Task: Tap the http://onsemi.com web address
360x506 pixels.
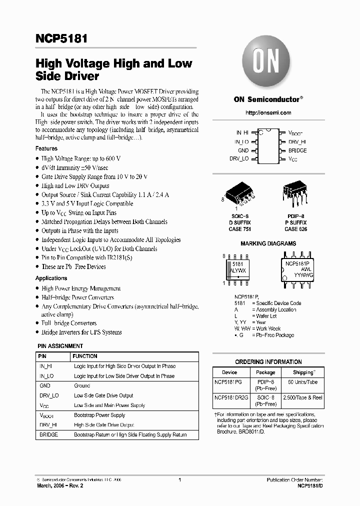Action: pyautogui.click(x=268, y=113)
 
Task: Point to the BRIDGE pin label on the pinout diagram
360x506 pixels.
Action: pyautogui.click(x=297, y=150)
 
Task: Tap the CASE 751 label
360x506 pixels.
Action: pyautogui.click(x=239, y=229)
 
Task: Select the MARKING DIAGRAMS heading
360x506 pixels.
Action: pyautogui.click(x=268, y=244)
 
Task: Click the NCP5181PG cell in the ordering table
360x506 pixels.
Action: pyautogui.click(x=227, y=381)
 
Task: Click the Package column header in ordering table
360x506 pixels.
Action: pyautogui.click(x=265, y=372)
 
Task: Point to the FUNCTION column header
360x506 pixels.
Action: pyautogui.click(x=85, y=356)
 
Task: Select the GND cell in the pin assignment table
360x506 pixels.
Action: pyautogui.click(x=45, y=386)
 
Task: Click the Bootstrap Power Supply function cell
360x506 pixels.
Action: pyautogui.click(x=99, y=415)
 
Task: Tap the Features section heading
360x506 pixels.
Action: pyautogui.click(x=46, y=148)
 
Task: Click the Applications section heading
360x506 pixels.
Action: pyautogui.click(x=51, y=278)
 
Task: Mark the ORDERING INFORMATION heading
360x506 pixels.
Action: pyautogui.click(x=268, y=362)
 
